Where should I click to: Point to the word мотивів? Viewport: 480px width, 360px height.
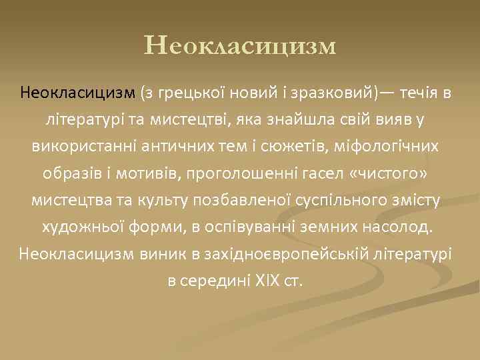click(x=159, y=173)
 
